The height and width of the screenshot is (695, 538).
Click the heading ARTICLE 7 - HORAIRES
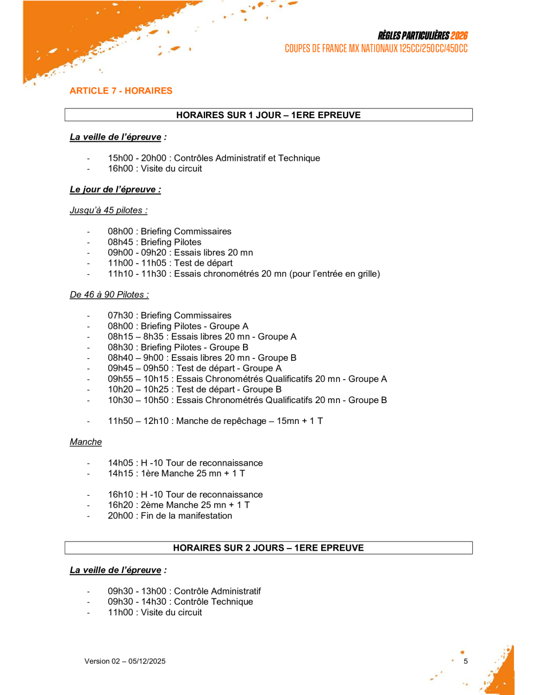coord(121,91)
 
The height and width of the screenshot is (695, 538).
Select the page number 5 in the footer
coord(466,661)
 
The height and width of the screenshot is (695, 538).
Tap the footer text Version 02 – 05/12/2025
coord(125,661)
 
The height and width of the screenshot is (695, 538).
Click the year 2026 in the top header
coord(459,36)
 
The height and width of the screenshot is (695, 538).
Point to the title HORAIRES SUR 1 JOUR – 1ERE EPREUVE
coord(268,115)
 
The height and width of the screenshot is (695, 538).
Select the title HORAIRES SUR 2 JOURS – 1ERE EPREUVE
coord(268,548)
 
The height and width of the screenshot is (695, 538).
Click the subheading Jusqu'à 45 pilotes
coord(108,211)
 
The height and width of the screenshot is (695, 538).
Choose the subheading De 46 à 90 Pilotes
coord(109,295)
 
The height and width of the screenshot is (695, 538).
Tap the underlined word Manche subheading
coord(86,442)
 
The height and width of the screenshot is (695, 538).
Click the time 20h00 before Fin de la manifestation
coord(120,516)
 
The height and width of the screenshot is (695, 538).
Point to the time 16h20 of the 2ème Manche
coord(120,505)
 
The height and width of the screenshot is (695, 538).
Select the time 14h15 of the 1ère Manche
coord(120,474)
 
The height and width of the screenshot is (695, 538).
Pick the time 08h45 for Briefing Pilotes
coord(120,242)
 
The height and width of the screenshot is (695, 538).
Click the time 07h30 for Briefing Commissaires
coord(120,316)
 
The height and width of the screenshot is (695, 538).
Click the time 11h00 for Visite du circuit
coord(120,613)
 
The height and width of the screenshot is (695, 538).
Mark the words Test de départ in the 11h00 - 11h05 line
coord(203,263)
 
